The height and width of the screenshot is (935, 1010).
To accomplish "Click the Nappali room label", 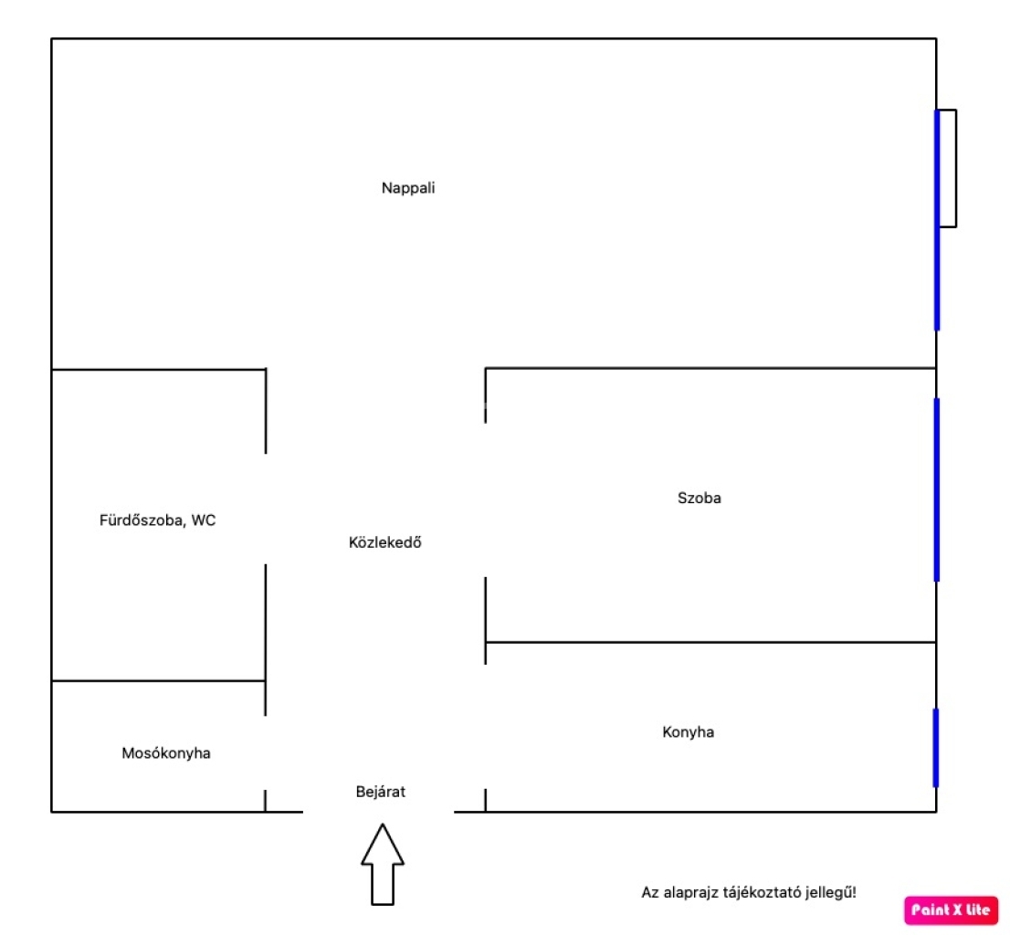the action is (x=407, y=188).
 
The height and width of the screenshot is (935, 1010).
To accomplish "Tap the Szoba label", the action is (x=699, y=498).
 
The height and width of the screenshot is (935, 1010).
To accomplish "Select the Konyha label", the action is (x=688, y=732).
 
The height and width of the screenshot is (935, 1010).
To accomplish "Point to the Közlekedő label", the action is (x=384, y=542).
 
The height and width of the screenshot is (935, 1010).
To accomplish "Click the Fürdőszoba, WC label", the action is (x=157, y=520).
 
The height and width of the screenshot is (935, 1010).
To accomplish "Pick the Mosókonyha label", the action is (x=166, y=752).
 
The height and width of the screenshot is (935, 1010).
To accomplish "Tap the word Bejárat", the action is (x=381, y=792).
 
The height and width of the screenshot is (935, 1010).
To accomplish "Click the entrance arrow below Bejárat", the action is (x=383, y=864).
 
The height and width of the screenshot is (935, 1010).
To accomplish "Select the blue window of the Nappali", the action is (x=937, y=220).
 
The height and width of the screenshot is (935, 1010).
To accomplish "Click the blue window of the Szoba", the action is (x=937, y=489).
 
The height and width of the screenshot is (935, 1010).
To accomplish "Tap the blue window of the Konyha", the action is (x=936, y=748).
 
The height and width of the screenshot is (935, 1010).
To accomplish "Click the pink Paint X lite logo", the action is (x=951, y=909).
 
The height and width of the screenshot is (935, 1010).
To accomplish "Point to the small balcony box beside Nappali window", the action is (x=948, y=168).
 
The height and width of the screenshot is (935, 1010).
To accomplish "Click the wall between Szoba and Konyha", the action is (x=710, y=642).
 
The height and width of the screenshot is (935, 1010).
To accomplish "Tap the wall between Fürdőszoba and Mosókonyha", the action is (x=159, y=680).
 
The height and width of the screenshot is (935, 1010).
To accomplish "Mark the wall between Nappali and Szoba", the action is (x=710, y=368).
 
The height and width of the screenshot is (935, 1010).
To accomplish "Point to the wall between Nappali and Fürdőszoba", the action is (x=159, y=370).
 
